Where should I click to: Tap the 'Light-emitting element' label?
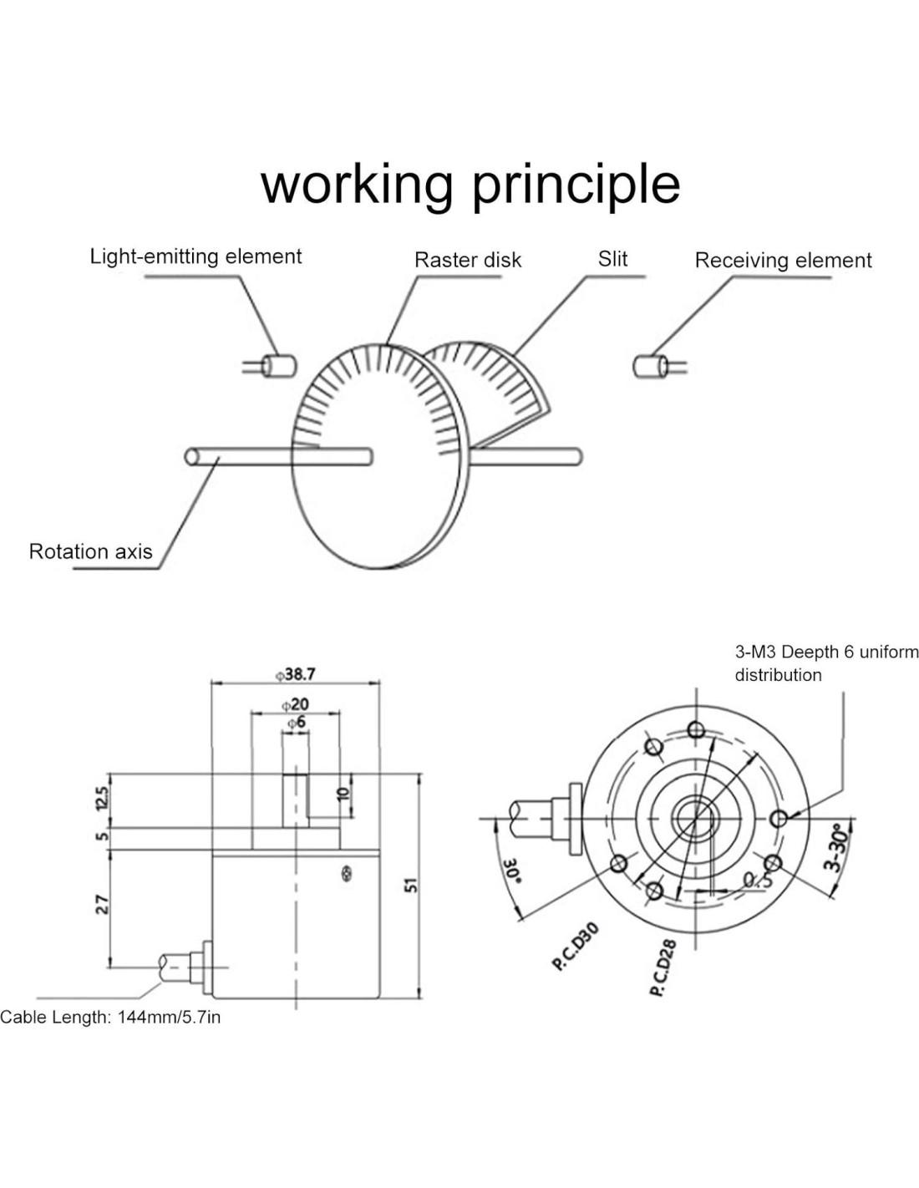195,256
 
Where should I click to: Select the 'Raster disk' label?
467,260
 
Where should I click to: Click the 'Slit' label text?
612,259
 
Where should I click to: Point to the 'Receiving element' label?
783,261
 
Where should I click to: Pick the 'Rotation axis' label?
90,551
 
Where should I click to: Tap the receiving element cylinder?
648,366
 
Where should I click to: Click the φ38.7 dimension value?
296,673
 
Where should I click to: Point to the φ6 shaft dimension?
296,722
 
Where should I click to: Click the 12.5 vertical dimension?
102,798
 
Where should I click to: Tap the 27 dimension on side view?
102,904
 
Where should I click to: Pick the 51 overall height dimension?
410,885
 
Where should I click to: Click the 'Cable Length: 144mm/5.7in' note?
110,1017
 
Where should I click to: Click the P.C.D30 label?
576,946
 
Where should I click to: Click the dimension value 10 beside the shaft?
343,794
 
